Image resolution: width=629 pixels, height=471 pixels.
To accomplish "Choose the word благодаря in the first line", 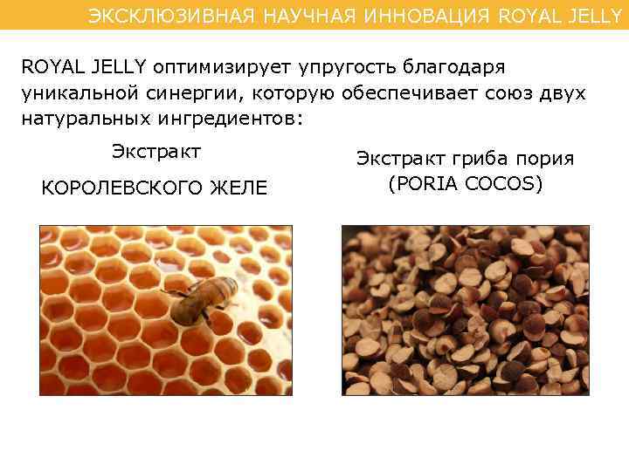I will point(455,68).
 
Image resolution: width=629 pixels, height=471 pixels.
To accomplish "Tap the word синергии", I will point(182,93).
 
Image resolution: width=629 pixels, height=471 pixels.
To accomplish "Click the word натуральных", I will point(78,119).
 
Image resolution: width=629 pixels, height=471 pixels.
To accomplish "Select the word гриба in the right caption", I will point(485,159).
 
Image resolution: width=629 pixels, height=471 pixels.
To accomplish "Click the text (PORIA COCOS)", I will point(465,184).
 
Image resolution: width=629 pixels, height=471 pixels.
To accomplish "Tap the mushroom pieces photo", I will point(465,310).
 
